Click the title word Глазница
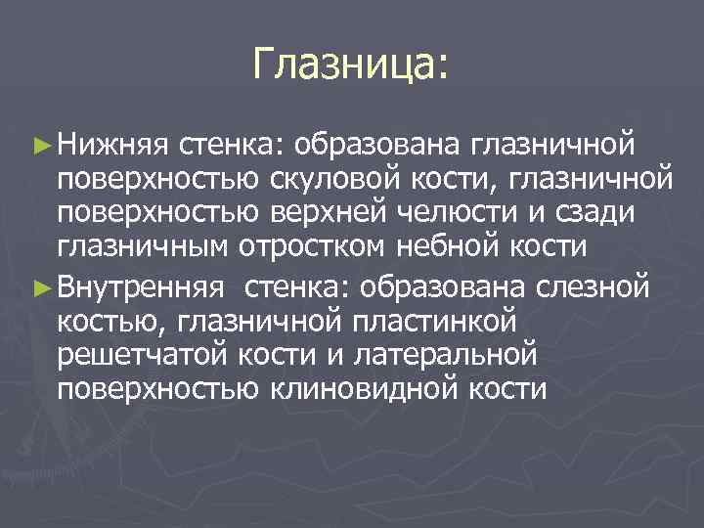[348, 66]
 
